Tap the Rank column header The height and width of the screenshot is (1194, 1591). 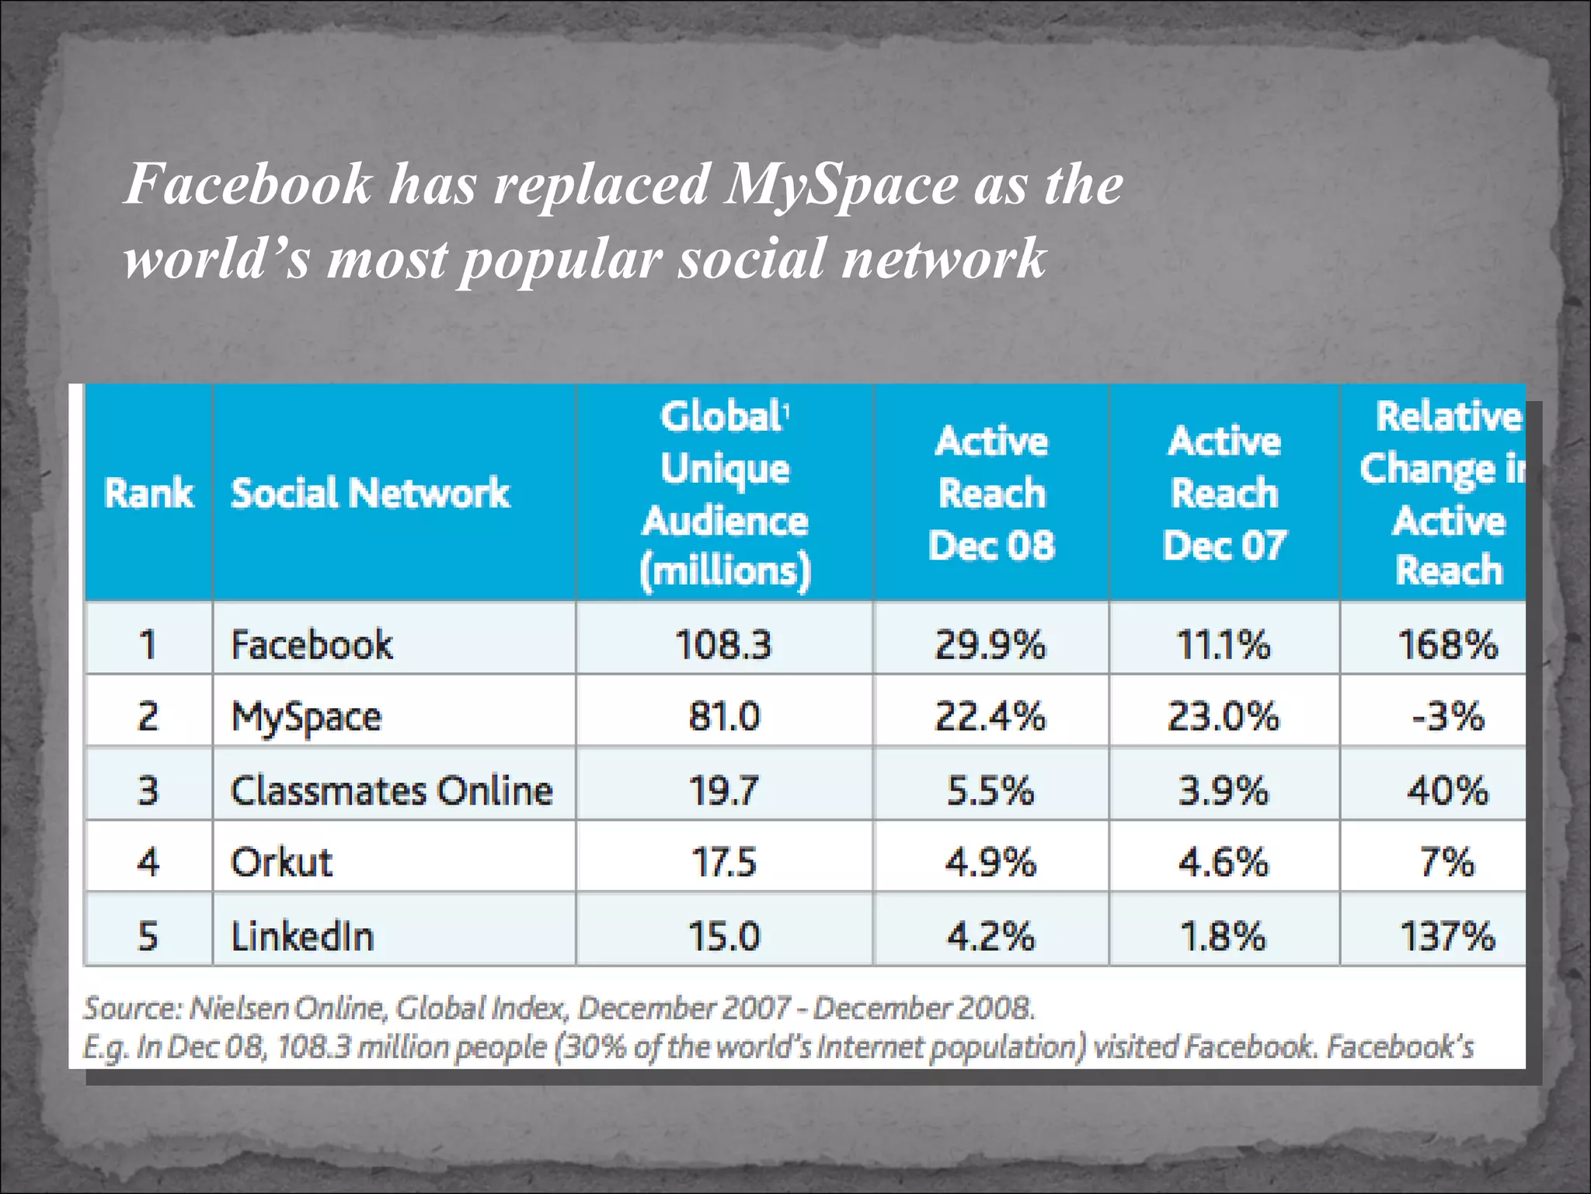(x=148, y=493)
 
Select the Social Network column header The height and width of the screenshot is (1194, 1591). (x=371, y=493)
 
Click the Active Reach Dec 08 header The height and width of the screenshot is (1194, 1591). (x=991, y=493)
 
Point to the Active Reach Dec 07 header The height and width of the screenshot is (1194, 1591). (x=1224, y=493)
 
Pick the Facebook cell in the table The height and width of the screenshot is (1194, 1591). (x=312, y=644)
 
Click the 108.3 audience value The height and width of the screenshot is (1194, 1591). (x=723, y=644)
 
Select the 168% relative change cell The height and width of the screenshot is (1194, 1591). (x=1447, y=644)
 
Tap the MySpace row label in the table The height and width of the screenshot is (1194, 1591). (x=306, y=717)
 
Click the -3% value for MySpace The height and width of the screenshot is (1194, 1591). (x=1447, y=716)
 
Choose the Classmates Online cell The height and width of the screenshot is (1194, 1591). (x=392, y=791)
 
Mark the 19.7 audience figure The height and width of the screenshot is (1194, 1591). (x=723, y=791)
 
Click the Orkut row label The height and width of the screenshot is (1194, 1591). (x=281, y=862)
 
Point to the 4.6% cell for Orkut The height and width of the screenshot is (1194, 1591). (x=1224, y=862)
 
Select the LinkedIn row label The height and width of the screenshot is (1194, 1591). (x=302, y=936)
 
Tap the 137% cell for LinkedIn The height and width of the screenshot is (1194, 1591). (x=1447, y=936)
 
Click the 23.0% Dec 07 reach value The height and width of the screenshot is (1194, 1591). (x=1224, y=716)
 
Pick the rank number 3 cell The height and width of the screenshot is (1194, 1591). (x=148, y=791)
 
